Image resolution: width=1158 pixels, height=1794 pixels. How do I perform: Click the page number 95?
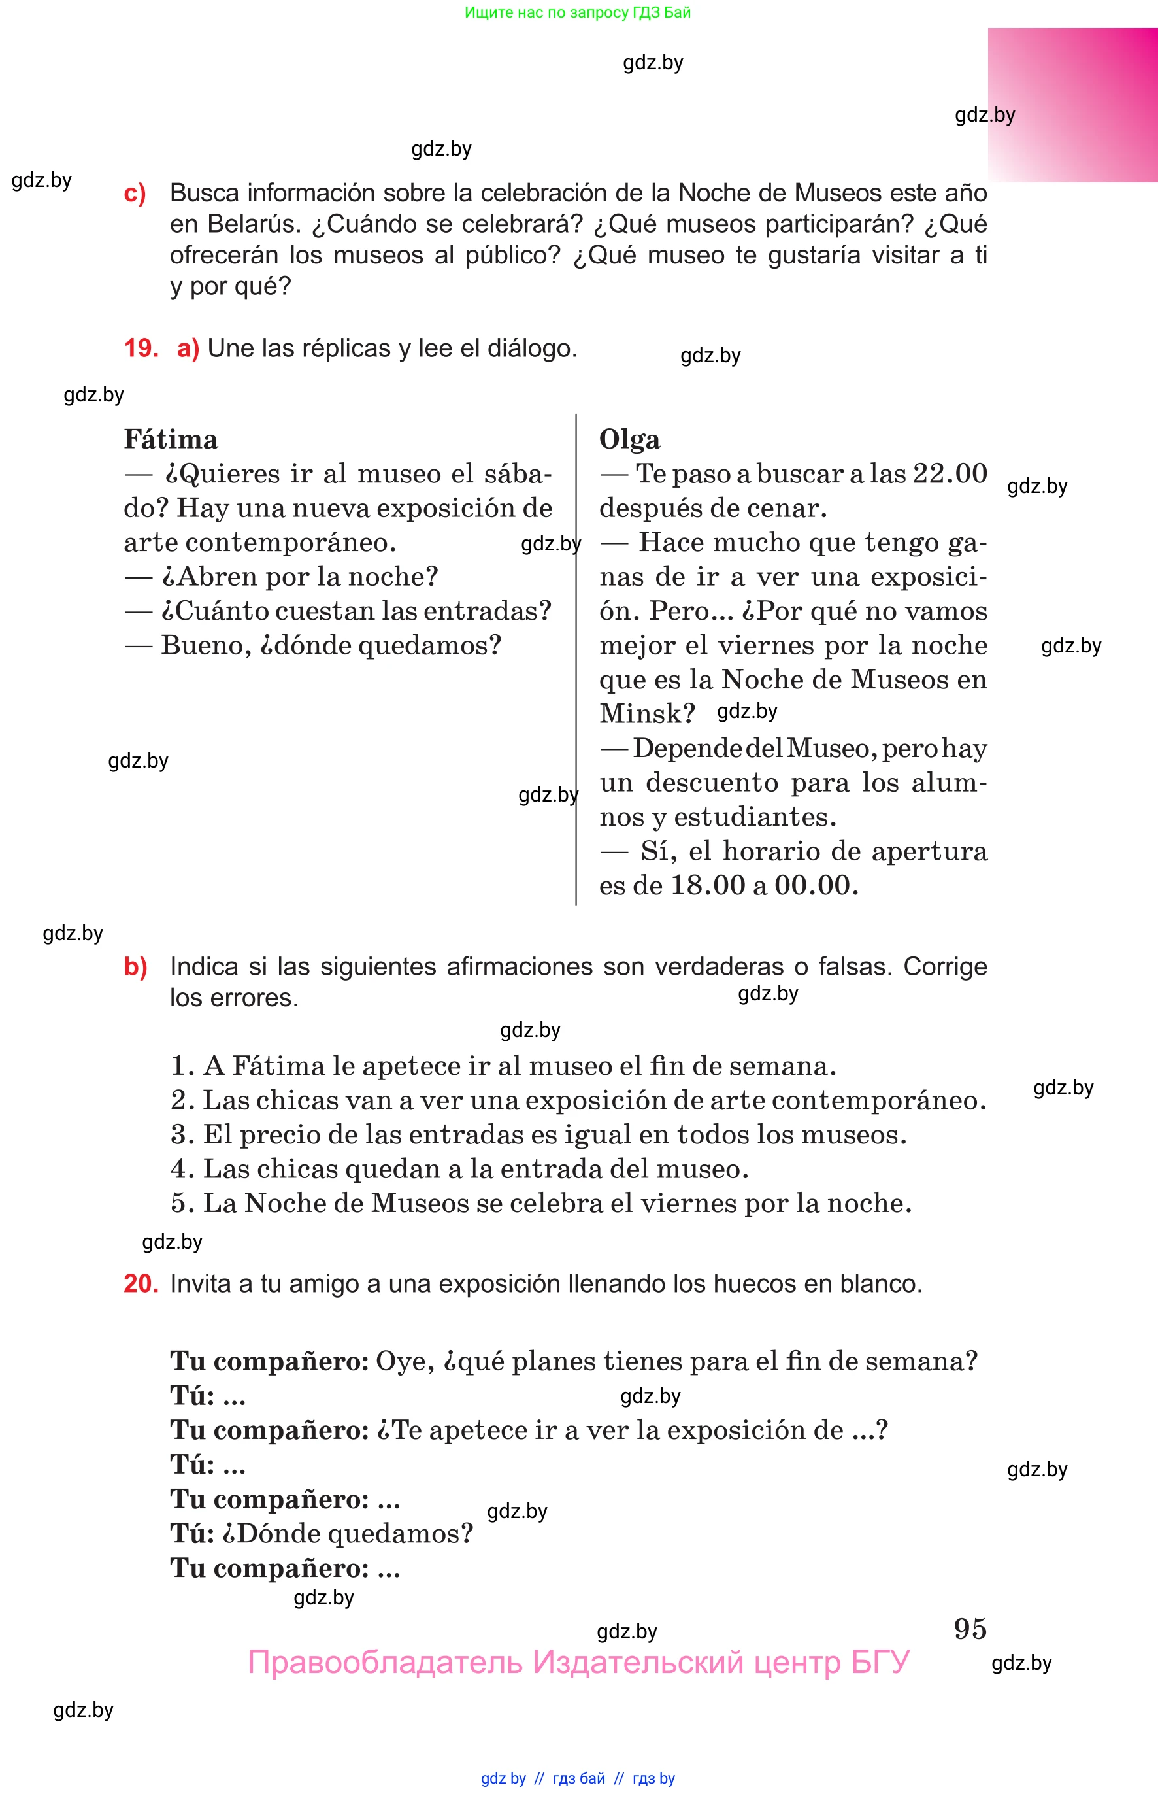969,1629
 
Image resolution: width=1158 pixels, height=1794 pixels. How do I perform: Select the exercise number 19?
141,348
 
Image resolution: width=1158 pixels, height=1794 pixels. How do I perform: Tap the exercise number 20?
141,1283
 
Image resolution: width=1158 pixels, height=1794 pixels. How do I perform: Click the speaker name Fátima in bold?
171,439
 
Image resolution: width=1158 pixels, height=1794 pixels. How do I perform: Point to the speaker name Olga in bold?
629,439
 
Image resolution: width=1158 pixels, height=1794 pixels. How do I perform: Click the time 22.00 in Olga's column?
949,474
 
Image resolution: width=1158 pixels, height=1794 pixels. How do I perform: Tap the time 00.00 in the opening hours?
815,885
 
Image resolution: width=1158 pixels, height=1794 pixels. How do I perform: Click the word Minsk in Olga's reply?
645,713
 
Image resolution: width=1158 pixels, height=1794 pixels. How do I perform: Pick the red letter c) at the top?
135,194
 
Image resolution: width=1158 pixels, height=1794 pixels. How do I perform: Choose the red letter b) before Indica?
135,966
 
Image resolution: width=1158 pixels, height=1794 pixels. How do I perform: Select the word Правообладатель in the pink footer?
384,1663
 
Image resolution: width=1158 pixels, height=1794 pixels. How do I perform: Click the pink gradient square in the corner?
1072,105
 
